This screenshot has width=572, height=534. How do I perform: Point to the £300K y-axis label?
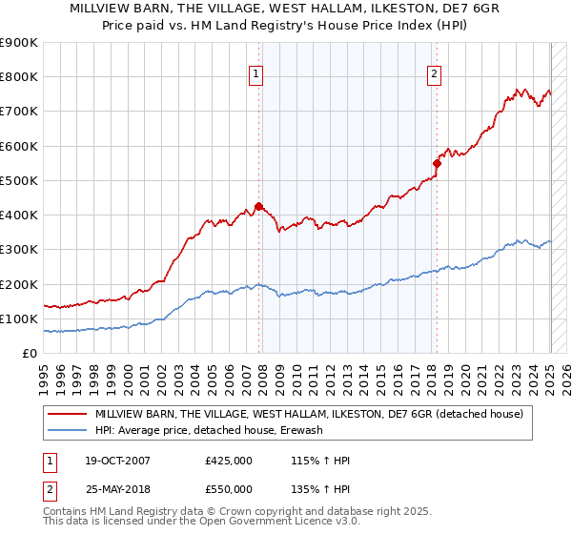(19, 250)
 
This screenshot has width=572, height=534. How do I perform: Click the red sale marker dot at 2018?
(437, 163)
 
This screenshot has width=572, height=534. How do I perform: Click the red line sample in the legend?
(67, 415)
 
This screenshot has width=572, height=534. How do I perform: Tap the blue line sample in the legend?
(67, 431)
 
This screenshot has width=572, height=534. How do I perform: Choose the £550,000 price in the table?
(229, 489)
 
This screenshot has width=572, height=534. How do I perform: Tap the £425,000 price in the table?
(229, 462)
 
